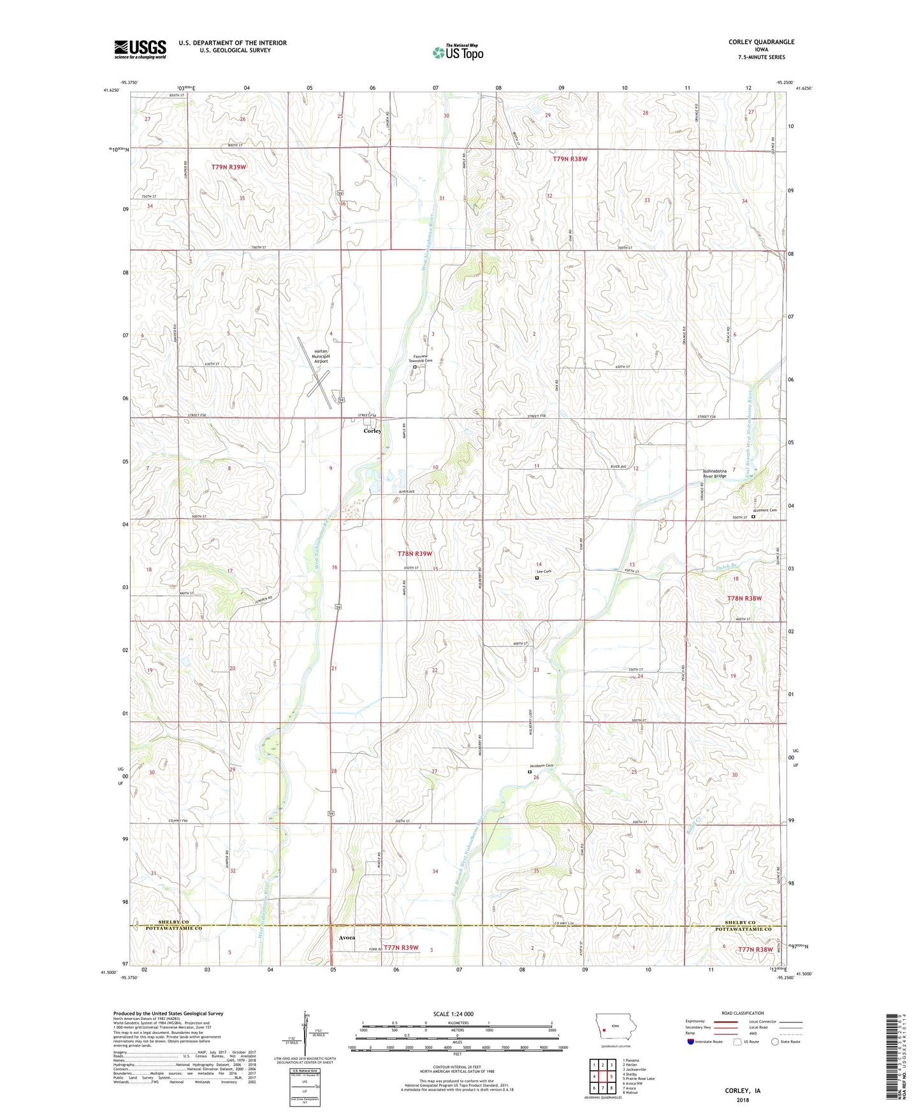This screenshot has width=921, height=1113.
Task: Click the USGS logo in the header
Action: [x=140, y=49]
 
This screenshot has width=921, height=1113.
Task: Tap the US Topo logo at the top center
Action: [x=458, y=52]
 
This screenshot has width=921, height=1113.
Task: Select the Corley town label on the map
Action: [x=372, y=431]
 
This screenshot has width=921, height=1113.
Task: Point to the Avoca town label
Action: [x=347, y=938]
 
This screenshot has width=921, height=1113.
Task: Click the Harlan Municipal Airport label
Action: [x=320, y=356]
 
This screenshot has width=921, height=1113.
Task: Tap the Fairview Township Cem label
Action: [x=421, y=358]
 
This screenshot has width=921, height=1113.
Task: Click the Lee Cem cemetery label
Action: [x=543, y=572]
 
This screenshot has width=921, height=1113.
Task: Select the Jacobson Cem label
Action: [x=541, y=766]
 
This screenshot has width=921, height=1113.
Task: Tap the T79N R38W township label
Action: [x=570, y=159]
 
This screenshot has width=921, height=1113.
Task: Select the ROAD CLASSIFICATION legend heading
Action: [x=743, y=1013]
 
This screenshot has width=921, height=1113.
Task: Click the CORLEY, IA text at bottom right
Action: [x=742, y=1091]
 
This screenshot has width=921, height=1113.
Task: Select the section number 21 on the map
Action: [x=333, y=668]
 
